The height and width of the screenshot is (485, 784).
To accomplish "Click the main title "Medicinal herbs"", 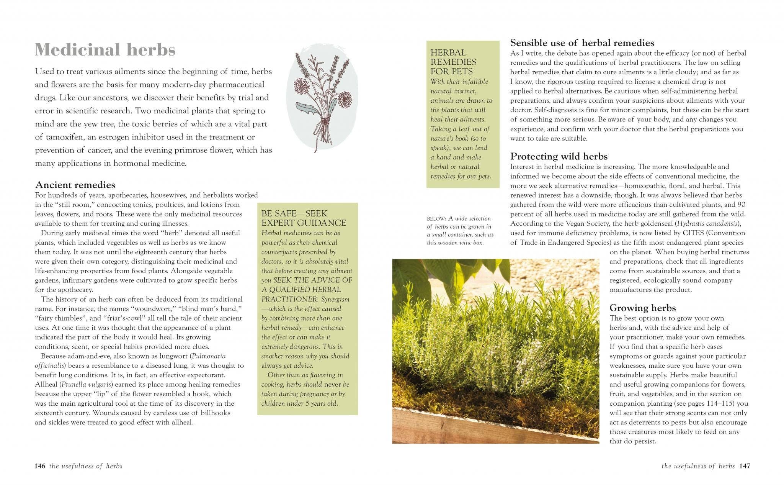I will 105,50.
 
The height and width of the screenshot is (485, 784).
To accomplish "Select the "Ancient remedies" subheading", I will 75,185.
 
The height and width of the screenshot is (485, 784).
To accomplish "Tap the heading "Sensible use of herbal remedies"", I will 582,43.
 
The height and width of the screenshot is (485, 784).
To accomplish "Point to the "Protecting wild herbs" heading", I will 559,156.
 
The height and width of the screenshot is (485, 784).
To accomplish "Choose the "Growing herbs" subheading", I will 642,308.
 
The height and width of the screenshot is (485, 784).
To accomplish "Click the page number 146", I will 40,466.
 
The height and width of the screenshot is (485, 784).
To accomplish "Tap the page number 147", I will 745,466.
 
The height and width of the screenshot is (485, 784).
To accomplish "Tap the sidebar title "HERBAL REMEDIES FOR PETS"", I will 453,62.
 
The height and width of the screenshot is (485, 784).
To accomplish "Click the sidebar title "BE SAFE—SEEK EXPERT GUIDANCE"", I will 304,218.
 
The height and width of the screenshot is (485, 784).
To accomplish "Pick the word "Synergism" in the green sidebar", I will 335,300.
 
